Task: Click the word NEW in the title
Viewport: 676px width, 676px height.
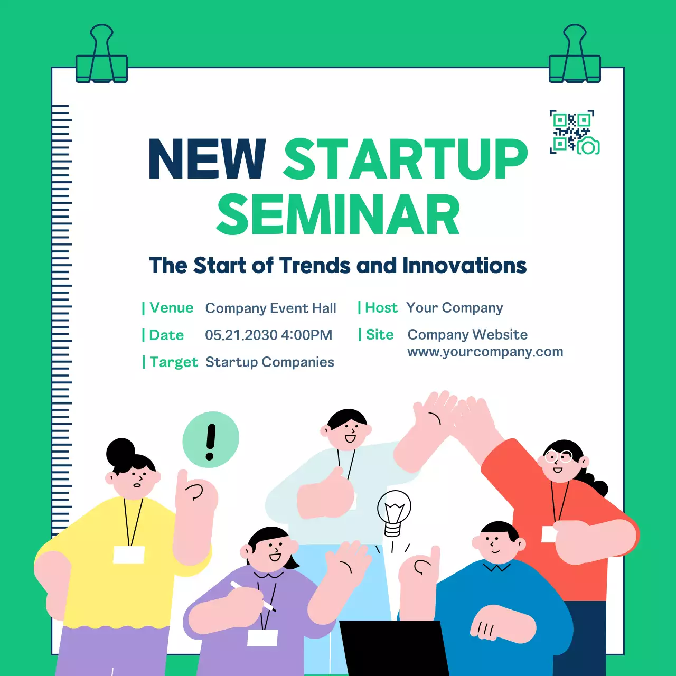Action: (207, 158)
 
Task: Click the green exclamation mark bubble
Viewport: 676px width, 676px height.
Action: (211, 439)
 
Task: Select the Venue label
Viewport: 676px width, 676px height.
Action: (171, 308)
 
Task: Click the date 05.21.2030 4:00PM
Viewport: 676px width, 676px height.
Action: (268, 335)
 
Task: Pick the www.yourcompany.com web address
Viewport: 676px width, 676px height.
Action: (485, 352)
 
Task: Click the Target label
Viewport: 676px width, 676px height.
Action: (173, 362)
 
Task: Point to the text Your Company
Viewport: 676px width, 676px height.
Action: (454, 308)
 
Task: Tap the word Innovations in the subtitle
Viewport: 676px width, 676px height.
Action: (464, 266)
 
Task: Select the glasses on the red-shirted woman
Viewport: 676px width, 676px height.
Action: (559, 456)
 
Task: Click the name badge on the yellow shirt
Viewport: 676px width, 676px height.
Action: (129, 555)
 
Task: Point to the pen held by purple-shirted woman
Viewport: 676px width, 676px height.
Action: (253, 597)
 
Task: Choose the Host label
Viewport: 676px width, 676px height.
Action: (381, 308)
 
